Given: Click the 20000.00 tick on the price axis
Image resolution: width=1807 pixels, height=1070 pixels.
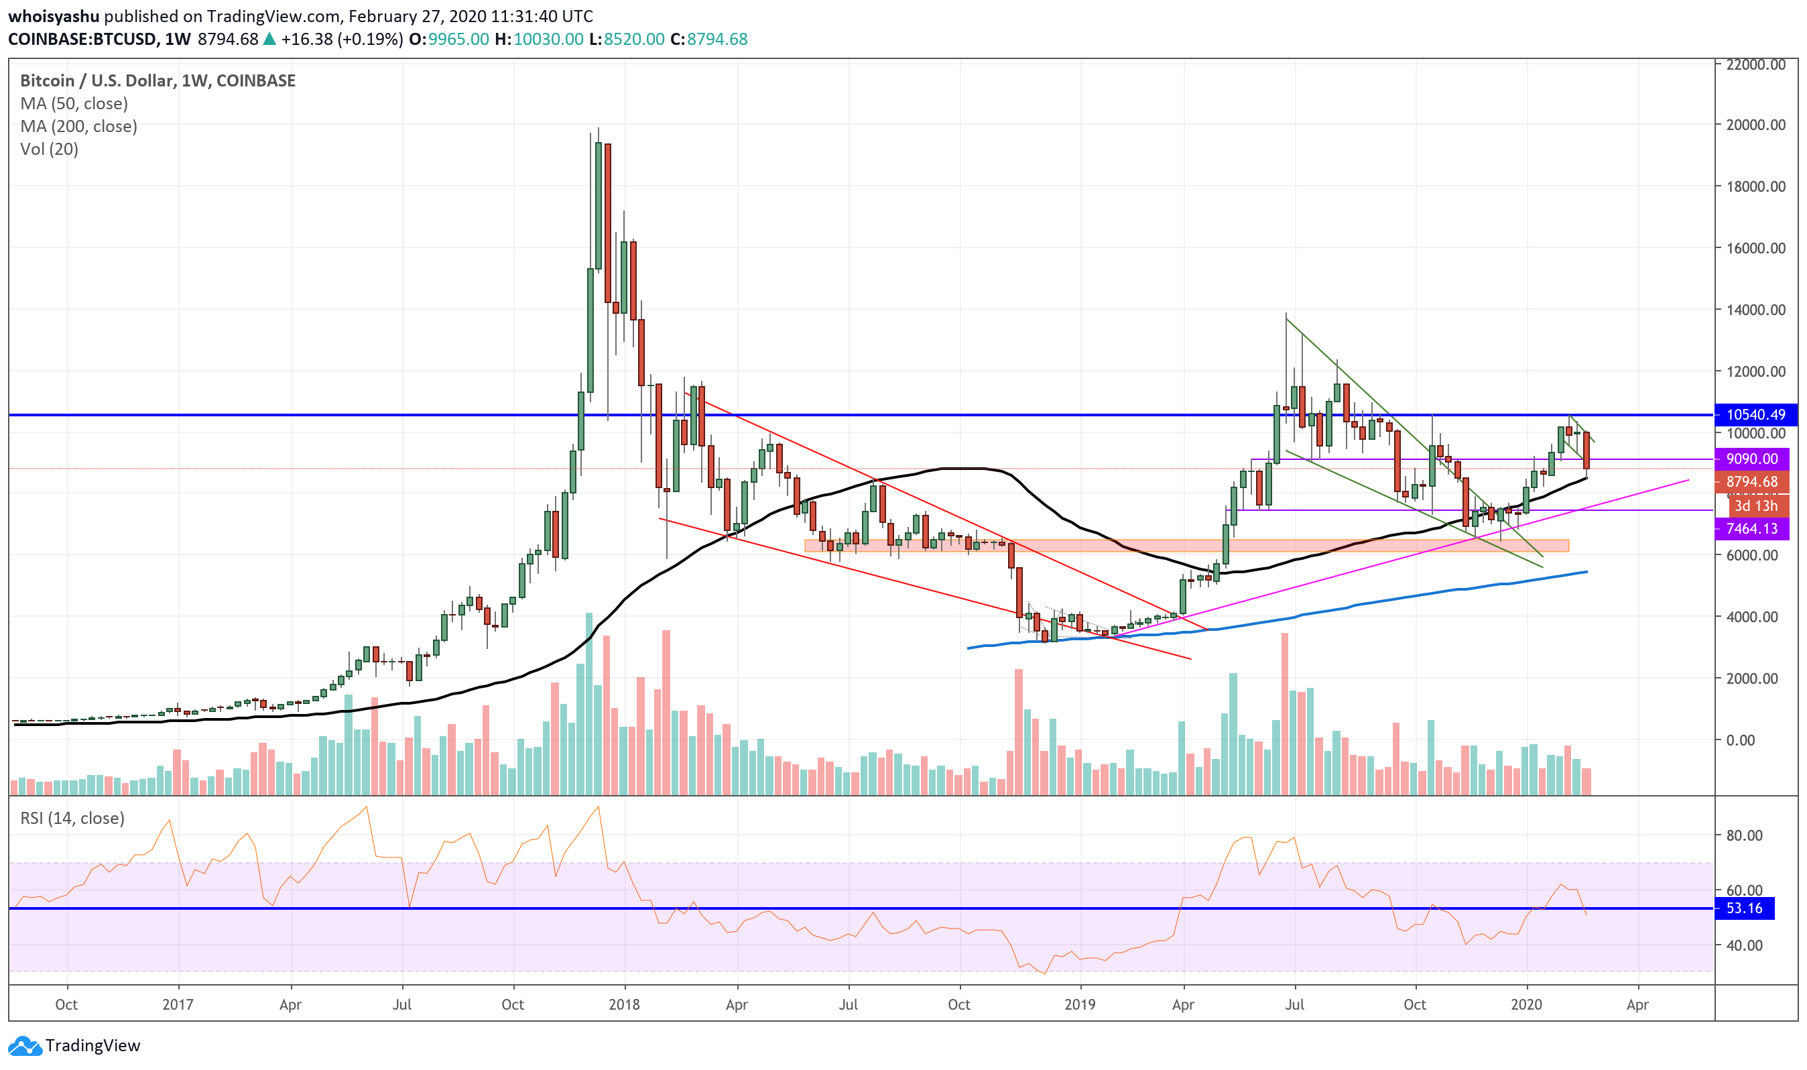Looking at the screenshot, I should coord(1755,125).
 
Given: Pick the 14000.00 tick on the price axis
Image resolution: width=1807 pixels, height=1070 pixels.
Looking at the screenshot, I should coord(1755,310).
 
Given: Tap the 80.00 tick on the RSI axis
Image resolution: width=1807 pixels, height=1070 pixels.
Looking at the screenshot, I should coord(1744,835).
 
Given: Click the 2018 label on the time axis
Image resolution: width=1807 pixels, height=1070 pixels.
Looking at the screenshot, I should coord(624,1005).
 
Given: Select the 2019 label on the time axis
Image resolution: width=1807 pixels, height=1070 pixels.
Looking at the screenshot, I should coord(1079,1005).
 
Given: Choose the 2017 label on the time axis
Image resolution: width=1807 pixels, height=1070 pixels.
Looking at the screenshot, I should coord(178,1005).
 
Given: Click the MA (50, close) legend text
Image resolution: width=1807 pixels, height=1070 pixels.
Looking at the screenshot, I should coord(74,104).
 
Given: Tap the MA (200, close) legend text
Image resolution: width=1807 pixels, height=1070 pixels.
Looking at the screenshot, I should coord(78,126).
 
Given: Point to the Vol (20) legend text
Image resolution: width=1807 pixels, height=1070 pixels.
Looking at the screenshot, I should coord(49,150).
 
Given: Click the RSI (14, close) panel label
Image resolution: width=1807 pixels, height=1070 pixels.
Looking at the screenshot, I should coord(72,819).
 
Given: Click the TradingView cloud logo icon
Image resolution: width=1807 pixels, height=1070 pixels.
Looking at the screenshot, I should coord(25,1045).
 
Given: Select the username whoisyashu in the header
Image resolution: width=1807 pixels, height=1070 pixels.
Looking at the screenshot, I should coord(54,16).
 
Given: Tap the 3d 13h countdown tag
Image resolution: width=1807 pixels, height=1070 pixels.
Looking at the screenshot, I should coord(1755,506).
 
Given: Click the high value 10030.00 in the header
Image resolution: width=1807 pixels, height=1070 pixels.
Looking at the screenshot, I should coord(548,39).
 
